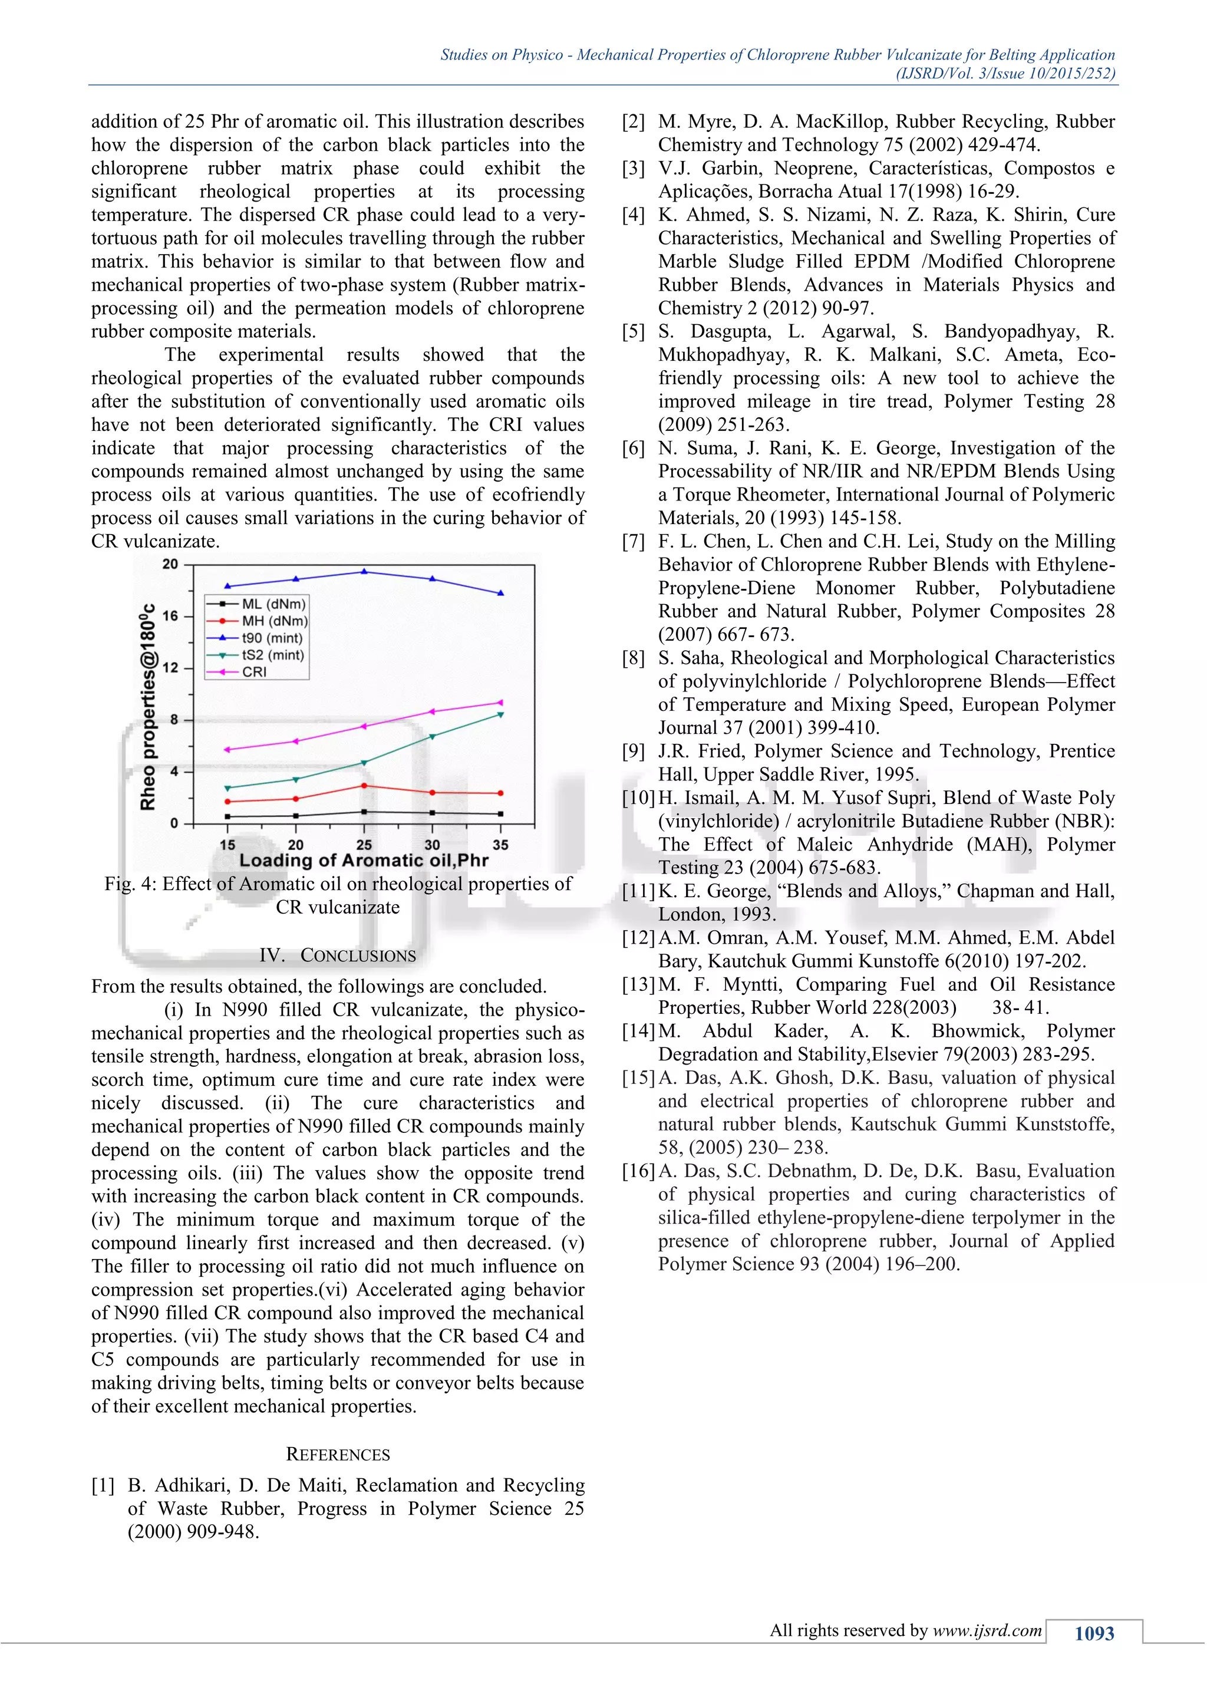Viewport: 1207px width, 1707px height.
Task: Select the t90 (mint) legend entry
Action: [x=271, y=638]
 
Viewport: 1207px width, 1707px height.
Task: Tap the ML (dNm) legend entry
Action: [x=273, y=604]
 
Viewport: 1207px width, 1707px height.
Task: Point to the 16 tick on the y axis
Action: [x=170, y=615]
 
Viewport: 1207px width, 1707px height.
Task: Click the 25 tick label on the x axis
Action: [x=364, y=845]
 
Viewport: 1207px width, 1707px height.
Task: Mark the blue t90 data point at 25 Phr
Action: [x=364, y=571]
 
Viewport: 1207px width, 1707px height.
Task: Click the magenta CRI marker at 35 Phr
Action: [x=500, y=703]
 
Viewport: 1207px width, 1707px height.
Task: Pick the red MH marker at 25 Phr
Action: [x=364, y=786]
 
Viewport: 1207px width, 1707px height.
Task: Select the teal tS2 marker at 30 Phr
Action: [x=432, y=736]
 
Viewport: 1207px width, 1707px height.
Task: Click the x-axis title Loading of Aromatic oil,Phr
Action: [x=364, y=861]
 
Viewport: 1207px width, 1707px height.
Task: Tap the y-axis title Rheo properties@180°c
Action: [x=148, y=706]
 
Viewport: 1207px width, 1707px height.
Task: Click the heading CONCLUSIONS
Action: [x=358, y=956]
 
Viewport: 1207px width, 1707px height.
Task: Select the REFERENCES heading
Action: [x=338, y=1454]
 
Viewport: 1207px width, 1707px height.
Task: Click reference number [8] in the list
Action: [x=633, y=658]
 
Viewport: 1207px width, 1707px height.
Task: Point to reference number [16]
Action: [x=638, y=1171]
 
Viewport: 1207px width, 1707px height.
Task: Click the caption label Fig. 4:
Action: [x=130, y=884]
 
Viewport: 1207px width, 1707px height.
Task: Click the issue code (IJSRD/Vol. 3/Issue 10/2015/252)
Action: [x=1005, y=73]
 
